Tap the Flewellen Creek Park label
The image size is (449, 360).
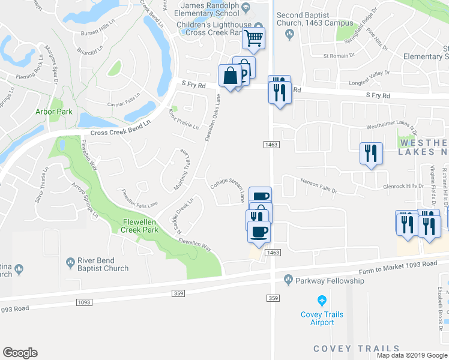(x=139, y=225)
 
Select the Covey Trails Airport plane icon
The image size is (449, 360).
(x=322, y=300)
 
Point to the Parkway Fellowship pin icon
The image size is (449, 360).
(x=289, y=279)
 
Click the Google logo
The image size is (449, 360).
(x=20, y=353)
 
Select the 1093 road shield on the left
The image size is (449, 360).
(x=84, y=302)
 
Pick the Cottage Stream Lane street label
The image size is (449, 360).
(x=228, y=189)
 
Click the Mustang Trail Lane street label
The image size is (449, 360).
(x=182, y=171)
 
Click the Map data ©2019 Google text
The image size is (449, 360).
(x=411, y=355)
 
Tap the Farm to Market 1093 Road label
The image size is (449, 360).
(x=398, y=266)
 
